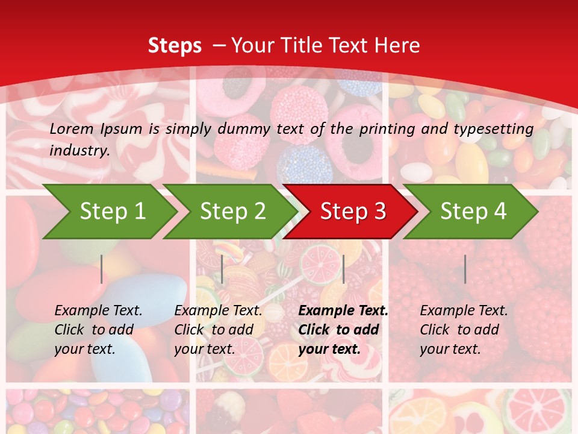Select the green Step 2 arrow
point(232,212)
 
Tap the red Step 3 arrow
point(353,212)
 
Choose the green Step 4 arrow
point(473,212)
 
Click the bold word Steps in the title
point(175,45)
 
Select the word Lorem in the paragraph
point(72,128)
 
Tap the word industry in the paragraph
point(79,150)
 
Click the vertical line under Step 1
point(102,269)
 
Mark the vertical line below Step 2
point(222,269)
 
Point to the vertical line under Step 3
point(343,269)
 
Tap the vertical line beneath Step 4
point(465,269)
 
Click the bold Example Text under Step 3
point(343,311)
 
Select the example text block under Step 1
point(98,330)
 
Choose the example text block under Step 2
point(218,330)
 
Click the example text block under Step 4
point(464,330)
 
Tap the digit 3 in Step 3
point(379,212)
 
